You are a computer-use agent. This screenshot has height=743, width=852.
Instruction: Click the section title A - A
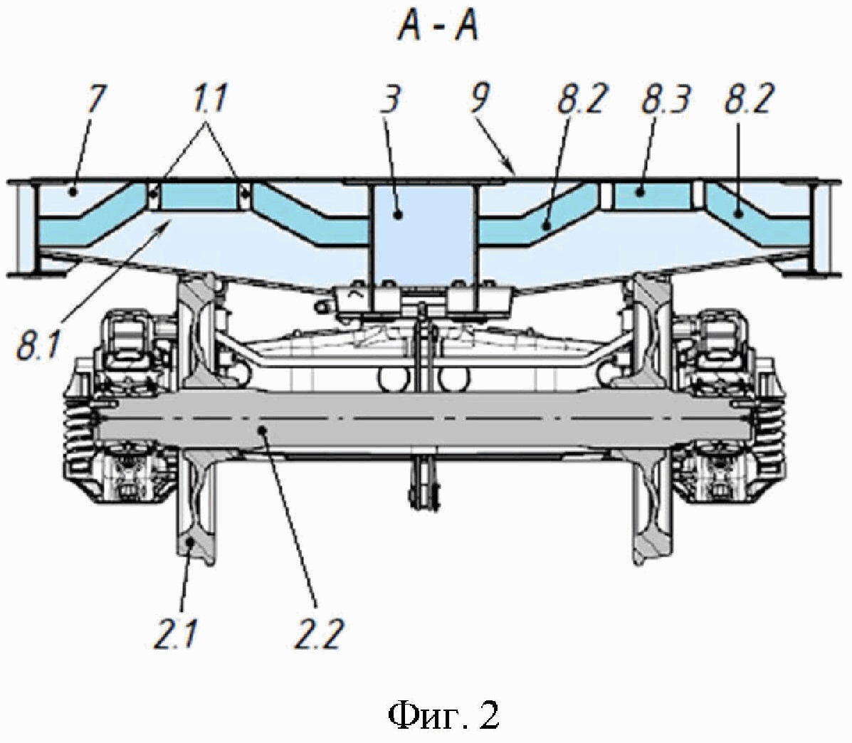(438, 27)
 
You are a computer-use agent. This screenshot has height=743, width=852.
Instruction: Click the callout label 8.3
(666, 100)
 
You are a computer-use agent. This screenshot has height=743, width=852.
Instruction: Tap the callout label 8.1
(38, 345)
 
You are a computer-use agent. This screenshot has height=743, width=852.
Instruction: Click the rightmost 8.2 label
(748, 100)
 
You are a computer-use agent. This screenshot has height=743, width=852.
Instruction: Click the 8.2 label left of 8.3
(580, 100)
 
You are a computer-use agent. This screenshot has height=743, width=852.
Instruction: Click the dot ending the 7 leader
(73, 191)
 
